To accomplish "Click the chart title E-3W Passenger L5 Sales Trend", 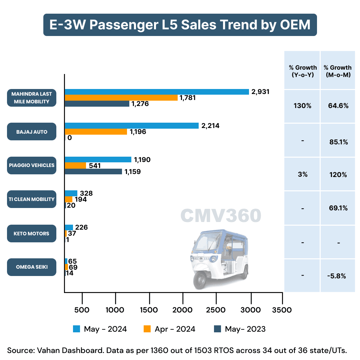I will (x=180, y=25).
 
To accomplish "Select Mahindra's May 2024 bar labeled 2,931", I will (x=157, y=92).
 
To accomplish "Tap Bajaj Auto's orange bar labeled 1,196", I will (x=96, y=132).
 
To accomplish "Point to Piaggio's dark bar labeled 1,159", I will (x=93, y=172).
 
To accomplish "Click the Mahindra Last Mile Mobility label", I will (x=32, y=98).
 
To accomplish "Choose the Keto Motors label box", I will (x=32, y=233).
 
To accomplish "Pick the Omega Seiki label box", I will (x=32, y=267).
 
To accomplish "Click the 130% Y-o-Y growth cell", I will (x=302, y=106).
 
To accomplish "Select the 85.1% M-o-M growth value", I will (x=338, y=142).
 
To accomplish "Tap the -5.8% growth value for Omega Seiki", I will (x=338, y=276).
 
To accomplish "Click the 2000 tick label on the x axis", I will (x=183, y=310).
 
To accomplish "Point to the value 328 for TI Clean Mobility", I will (x=86, y=194).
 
